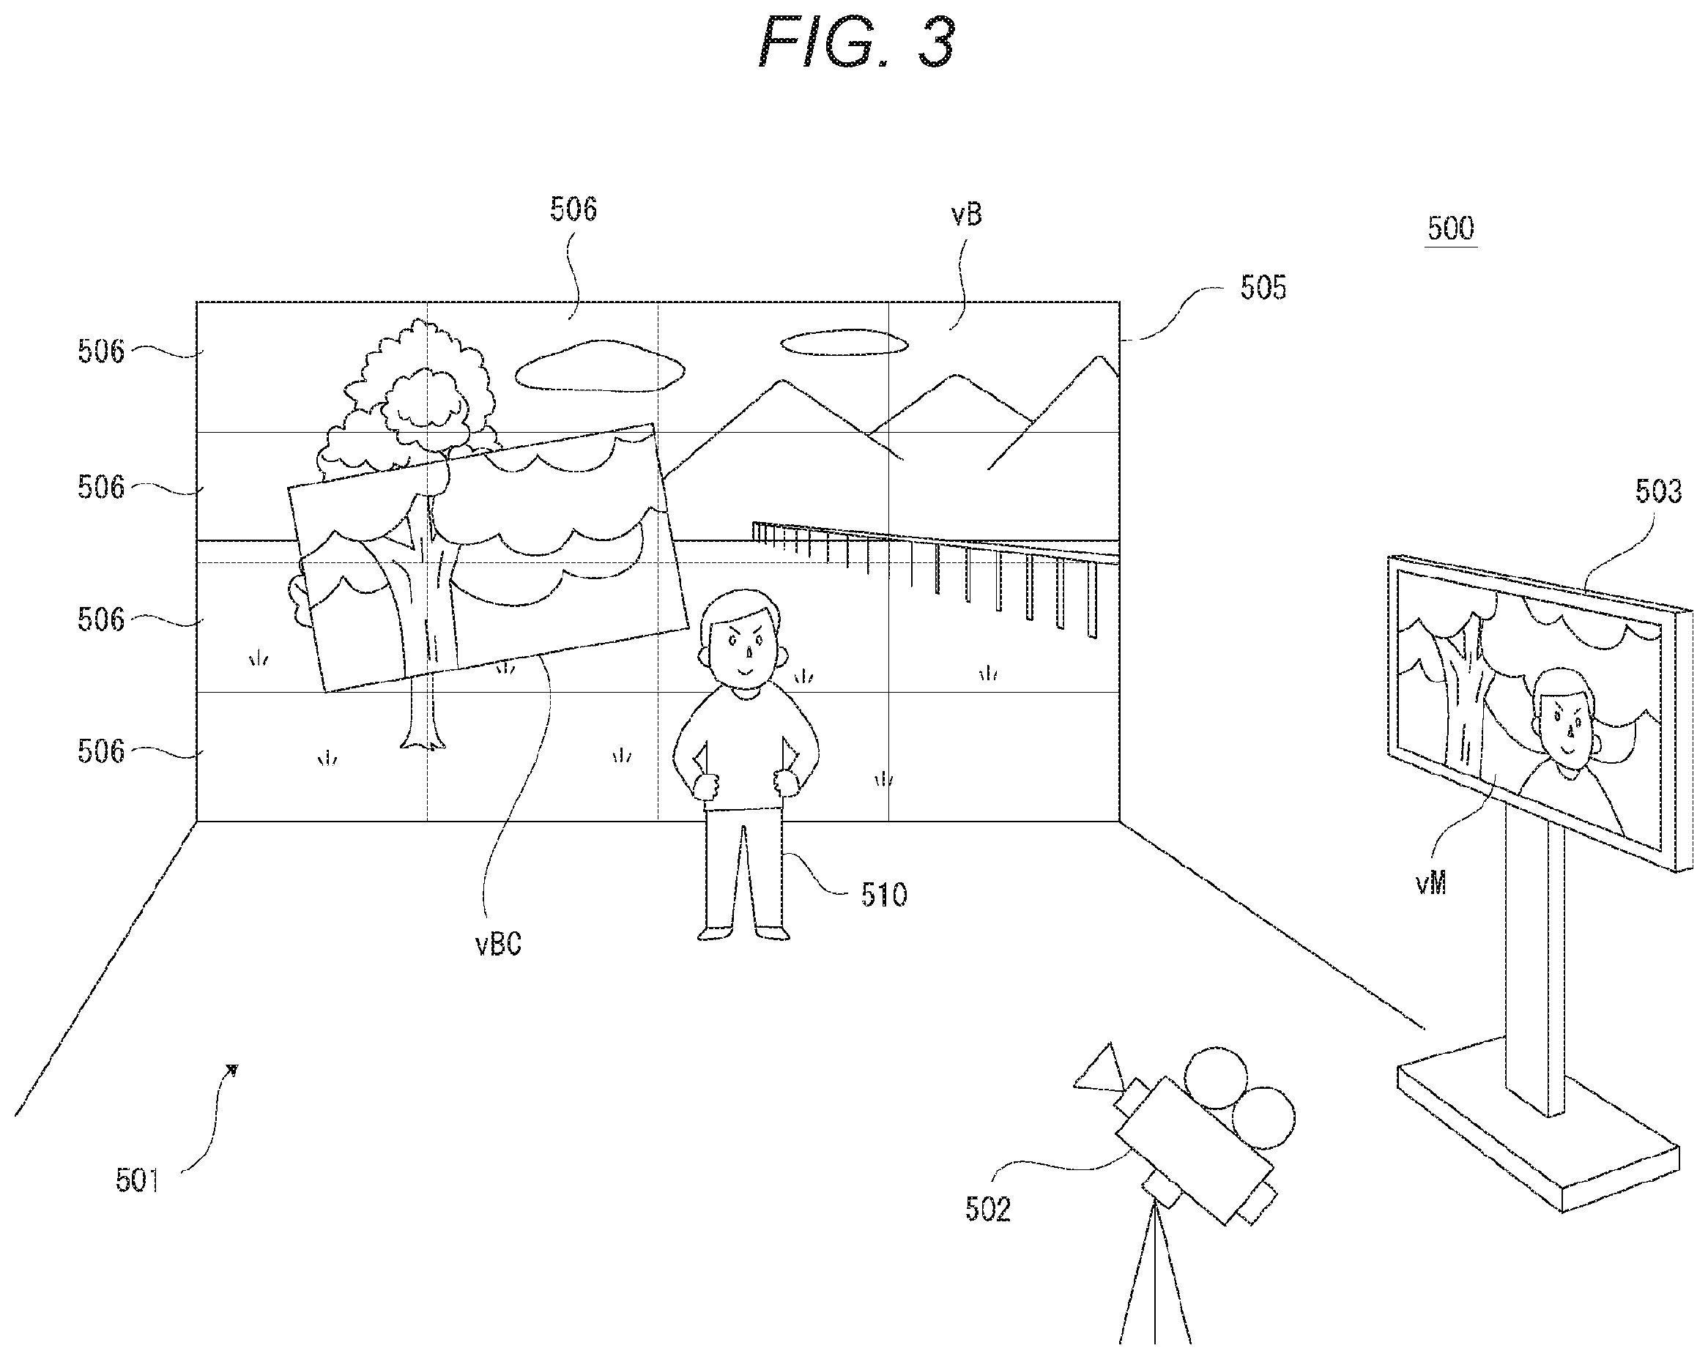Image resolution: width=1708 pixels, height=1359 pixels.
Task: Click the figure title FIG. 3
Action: pyautogui.click(x=856, y=42)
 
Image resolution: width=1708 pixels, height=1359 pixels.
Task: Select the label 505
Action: pyautogui.click(x=1263, y=288)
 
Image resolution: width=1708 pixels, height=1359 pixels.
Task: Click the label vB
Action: pyautogui.click(x=967, y=214)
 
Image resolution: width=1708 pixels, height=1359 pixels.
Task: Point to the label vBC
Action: pyautogui.click(x=498, y=944)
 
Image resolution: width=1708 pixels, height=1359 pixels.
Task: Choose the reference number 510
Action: pyautogui.click(x=884, y=895)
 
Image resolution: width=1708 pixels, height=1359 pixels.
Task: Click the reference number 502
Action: pyautogui.click(x=988, y=1210)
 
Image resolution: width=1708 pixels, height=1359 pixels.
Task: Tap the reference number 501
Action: pyautogui.click(x=137, y=1181)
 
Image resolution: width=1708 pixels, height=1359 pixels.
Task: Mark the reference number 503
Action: pyautogui.click(x=1658, y=492)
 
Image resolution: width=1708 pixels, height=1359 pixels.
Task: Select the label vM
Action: pyautogui.click(x=1430, y=883)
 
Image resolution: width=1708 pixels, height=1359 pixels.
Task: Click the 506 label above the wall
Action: pyautogui.click(x=573, y=209)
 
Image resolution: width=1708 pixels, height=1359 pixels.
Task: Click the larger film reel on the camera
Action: pyautogui.click(x=1217, y=1078)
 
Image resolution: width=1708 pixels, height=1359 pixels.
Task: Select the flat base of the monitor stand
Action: pyautogui.click(x=1537, y=1125)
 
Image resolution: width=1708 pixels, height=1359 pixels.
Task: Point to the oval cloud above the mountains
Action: pyautogui.click(x=844, y=343)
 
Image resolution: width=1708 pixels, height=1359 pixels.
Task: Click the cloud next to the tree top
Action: pyautogui.click(x=600, y=366)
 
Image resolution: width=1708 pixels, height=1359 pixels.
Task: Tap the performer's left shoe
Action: pyautogui.click(x=773, y=933)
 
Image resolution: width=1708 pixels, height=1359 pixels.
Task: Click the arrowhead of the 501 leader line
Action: pyautogui.click(x=233, y=1071)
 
